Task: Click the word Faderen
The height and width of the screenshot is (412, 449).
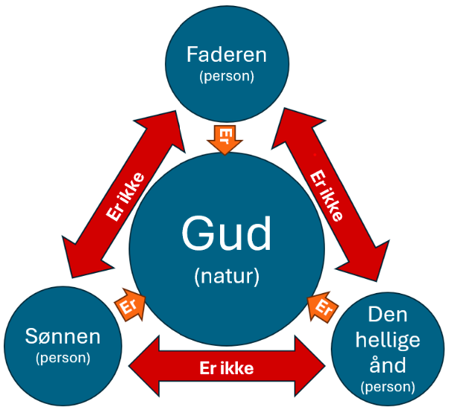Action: pyautogui.click(x=226, y=55)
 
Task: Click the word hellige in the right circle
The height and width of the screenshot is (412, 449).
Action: pyautogui.click(x=387, y=340)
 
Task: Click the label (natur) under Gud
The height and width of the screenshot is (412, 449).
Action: pyautogui.click(x=227, y=277)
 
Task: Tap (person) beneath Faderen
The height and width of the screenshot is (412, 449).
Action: pyautogui.click(x=226, y=76)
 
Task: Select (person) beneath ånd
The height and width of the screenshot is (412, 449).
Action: pyautogui.click(x=387, y=387)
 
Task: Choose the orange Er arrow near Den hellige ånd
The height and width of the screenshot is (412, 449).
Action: pyautogui.click(x=322, y=306)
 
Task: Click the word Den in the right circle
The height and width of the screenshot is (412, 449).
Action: pyautogui.click(x=387, y=316)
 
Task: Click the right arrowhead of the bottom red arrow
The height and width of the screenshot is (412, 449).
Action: pyautogui.click(x=312, y=365)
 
